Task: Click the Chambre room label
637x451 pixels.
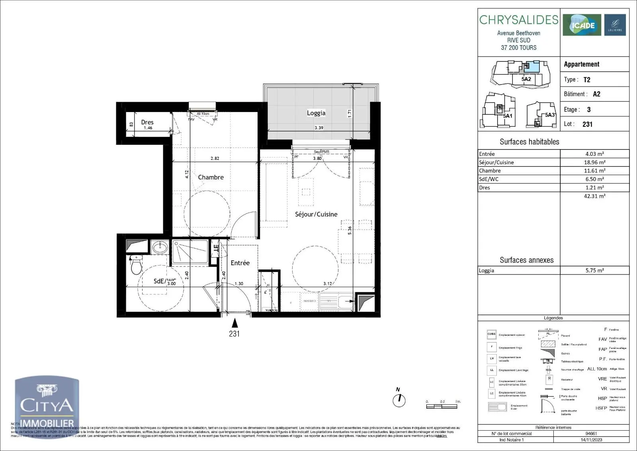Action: tap(211, 177)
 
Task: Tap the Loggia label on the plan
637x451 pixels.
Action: tap(316, 113)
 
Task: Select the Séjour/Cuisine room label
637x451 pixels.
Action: tap(316, 214)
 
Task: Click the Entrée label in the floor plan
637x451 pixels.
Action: tap(240, 263)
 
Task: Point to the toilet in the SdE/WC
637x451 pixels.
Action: tap(136, 265)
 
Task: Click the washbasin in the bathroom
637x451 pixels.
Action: tap(160, 247)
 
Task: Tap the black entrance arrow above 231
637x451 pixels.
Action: tap(235, 323)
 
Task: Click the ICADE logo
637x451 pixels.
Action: tap(582, 25)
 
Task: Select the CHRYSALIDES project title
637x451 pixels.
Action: tap(519, 20)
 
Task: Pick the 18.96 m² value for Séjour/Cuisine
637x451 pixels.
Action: tap(594, 162)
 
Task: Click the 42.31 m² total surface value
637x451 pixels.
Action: tap(594, 196)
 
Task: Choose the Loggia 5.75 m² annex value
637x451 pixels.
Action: tap(594, 270)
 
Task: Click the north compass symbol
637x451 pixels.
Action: tap(399, 400)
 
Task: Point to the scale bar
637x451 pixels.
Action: tap(442, 406)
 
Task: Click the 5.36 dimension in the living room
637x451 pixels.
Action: tap(350, 230)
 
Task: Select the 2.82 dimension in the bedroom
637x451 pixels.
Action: tap(215, 158)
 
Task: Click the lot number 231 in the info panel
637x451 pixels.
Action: tap(587, 124)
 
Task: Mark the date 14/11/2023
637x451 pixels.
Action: tap(591, 440)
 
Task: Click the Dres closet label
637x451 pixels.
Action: tap(147, 122)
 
